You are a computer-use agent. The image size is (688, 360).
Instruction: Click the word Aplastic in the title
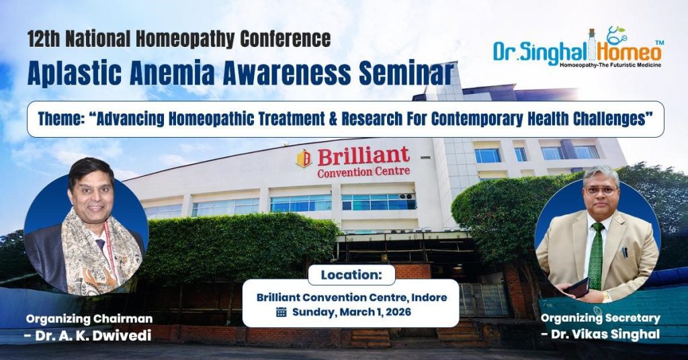tap(74, 73)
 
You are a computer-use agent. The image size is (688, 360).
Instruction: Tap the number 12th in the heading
tap(43, 39)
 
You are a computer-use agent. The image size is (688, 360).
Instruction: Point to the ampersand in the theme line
tap(333, 120)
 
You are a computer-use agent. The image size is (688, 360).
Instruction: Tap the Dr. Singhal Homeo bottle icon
tap(592, 45)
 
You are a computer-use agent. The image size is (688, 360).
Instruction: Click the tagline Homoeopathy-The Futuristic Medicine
tap(610, 65)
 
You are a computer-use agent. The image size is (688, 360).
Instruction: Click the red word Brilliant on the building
tap(363, 156)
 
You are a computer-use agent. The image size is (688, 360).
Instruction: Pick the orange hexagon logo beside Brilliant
tap(304, 159)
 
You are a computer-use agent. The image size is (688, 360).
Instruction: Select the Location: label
tap(351, 275)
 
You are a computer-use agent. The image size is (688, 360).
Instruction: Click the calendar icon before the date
tap(282, 312)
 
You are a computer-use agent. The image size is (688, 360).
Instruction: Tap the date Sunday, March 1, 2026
tap(352, 312)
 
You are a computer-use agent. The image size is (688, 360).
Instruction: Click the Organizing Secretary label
tap(600, 318)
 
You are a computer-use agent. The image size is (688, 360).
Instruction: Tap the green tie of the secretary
tap(596, 256)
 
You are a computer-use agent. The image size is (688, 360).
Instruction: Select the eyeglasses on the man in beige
tap(601, 191)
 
